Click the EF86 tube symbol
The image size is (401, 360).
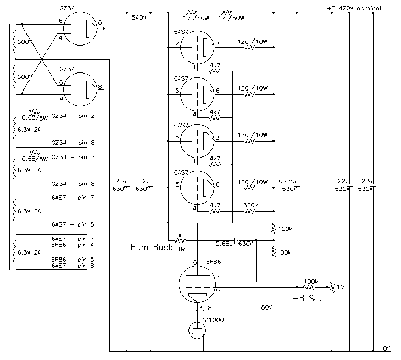(x=197, y=284)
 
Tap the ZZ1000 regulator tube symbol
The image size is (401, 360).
(x=197, y=330)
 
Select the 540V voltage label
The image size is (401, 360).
(x=139, y=18)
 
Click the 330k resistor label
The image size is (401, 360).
(x=250, y=205)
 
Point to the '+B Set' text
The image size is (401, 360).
(x=307, y=298)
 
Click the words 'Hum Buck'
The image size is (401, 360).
(x=152, y=247)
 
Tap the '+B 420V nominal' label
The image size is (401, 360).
(x=354, y=8)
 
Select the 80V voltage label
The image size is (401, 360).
(x=266, y=307)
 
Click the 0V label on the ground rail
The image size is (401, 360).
(x=386, y=348)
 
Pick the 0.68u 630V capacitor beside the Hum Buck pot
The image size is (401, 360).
(x=236, y=240)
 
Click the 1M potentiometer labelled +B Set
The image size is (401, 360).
(x=332, y=287)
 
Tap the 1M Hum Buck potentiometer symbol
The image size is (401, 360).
(x=180, y=240)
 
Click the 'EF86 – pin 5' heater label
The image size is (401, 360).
(x=73, y=260)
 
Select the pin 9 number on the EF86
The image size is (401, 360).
(x=218, y=291)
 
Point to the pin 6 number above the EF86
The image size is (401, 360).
(x=195, y=262)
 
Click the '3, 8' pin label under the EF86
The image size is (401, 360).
(x=205, y=308)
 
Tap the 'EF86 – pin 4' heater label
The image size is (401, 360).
(x=73, y=245)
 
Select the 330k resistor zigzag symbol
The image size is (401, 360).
(x=250, y=211)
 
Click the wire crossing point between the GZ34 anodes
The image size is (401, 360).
(x=41, y=59)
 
